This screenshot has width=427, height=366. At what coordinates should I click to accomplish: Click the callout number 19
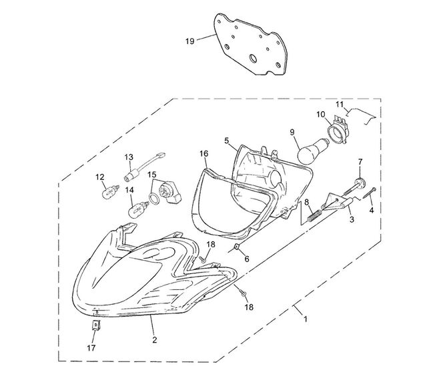[189, 41]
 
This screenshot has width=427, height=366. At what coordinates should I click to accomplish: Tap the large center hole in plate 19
[254, 58]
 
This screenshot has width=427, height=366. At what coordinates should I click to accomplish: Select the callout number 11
[340, 104]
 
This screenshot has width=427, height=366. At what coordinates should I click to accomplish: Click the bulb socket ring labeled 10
[338, 131]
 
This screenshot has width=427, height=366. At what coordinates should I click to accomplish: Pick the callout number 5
[227, 141]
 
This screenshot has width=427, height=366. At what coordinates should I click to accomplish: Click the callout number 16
[203, 154]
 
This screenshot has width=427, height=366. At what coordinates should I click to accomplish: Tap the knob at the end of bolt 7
[360, 182]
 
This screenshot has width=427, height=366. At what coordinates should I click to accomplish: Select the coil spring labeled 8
[314, 210]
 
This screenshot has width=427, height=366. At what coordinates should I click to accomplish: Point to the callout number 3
[352, 219]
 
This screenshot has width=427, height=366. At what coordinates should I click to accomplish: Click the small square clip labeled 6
[237, 247]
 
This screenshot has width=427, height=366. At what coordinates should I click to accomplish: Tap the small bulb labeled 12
[110, 192]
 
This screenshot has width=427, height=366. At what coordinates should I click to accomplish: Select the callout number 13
[129, 157]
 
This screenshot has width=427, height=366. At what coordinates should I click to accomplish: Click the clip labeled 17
[95, 325]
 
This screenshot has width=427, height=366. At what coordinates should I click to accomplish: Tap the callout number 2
[155, 340]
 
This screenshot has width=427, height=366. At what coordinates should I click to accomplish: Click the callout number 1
[306, 319]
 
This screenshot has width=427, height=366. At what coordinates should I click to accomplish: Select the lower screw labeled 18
[243, 293]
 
